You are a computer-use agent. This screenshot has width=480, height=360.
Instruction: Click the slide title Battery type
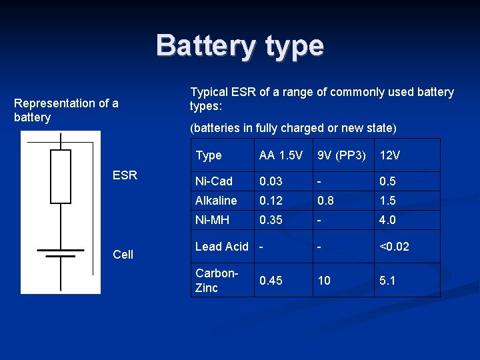pyautogui.click(x=240, y=46)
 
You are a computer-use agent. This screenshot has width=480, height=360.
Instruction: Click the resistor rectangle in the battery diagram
pyautogui.click(x=61, y=177)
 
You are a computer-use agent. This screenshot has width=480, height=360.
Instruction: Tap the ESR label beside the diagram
pyautogui.click(x=125, y=175)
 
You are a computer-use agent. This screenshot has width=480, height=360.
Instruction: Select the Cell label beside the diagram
pyautogui.click(x=123, y=254)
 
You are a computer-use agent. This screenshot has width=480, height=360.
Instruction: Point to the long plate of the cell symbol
pyautogui.click(x=61, y=250)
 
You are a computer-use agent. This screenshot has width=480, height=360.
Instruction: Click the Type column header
pyautogui.click(x=209, y=155)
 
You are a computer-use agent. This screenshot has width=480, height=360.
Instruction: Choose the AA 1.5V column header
pyautogui.click(x=281, y=155)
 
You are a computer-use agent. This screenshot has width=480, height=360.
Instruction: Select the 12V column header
pyautogui.click(x=390, y=155)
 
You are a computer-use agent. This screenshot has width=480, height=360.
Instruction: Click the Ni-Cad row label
pyautogui.click(x=214, y=181)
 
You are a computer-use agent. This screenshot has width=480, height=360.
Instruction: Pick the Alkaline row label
pyautogui.click(x=216, y=200)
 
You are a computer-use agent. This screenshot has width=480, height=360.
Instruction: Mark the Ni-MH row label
pyautogui.click(x=213, y=219)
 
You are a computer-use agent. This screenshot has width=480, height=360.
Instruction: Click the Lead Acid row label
pyautogui.click(x=221, y=246)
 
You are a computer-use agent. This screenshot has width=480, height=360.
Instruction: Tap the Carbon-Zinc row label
pyautogui.click(x=216, y=281)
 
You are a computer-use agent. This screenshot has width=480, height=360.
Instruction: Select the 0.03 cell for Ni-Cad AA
pyautogui.click(x=271, y=181)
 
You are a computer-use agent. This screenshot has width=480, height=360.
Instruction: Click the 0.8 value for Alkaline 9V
pyautogui.click(x=325, y=200)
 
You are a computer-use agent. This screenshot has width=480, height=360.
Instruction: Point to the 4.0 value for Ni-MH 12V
pyautogui.click(x=388, y=219)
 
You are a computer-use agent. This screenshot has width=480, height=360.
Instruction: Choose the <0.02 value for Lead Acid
pyautogui.click(x=394, y=246)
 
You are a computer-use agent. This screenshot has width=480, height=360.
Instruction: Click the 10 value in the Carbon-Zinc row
pyautogui.click(x=324, y=281)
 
